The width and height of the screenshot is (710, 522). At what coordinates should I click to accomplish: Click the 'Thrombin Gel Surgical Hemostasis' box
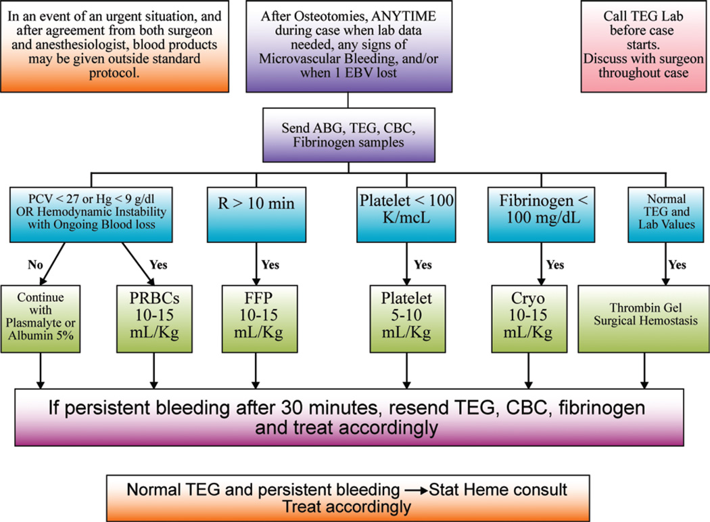coord(640,313)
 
